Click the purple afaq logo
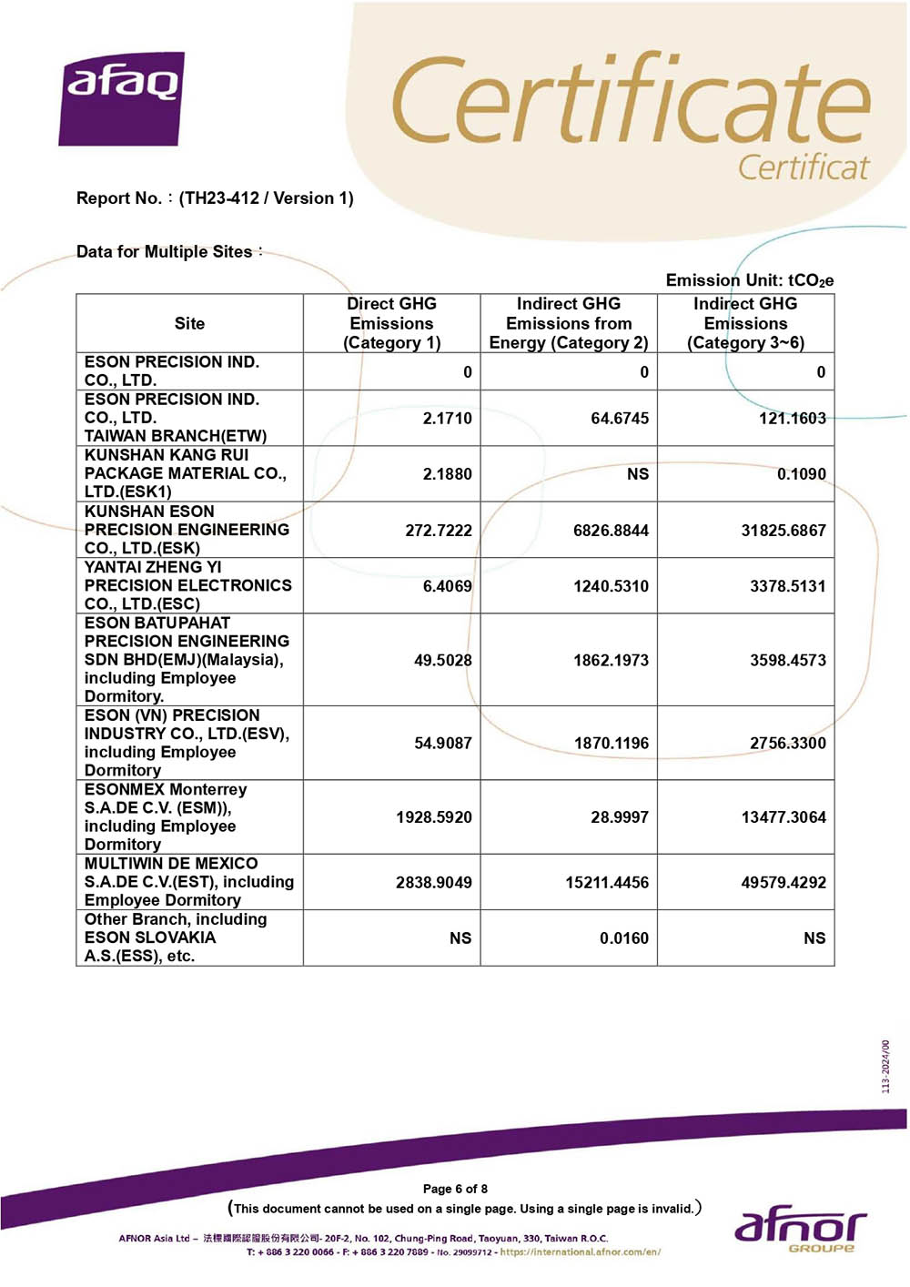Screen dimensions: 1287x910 click(x=122, y=97)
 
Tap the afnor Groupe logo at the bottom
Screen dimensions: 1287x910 click(x=800, y=1230)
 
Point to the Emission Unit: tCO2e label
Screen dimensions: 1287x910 click(x=749, y=280)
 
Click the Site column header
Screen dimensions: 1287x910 click(x=189, y=323)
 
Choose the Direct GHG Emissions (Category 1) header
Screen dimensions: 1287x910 click(x=391, y=323)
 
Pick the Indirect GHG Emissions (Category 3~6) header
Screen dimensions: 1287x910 click(x=745, y=323)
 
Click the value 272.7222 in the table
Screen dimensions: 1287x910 click(x=439, y=531)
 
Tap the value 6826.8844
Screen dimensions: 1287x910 click(x=611, y=531)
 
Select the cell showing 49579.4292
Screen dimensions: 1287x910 click(x=784, y=882)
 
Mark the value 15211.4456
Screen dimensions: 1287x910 click(x=607, y=882)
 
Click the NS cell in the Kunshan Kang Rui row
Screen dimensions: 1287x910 click(x=637, y=474)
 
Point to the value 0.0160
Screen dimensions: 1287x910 click(x=623, y=938)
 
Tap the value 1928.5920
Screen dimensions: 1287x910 click(x=433, y=817)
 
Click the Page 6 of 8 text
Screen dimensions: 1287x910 click(x=455, y=1189)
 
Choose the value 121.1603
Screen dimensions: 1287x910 click(x=792, y=419)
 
